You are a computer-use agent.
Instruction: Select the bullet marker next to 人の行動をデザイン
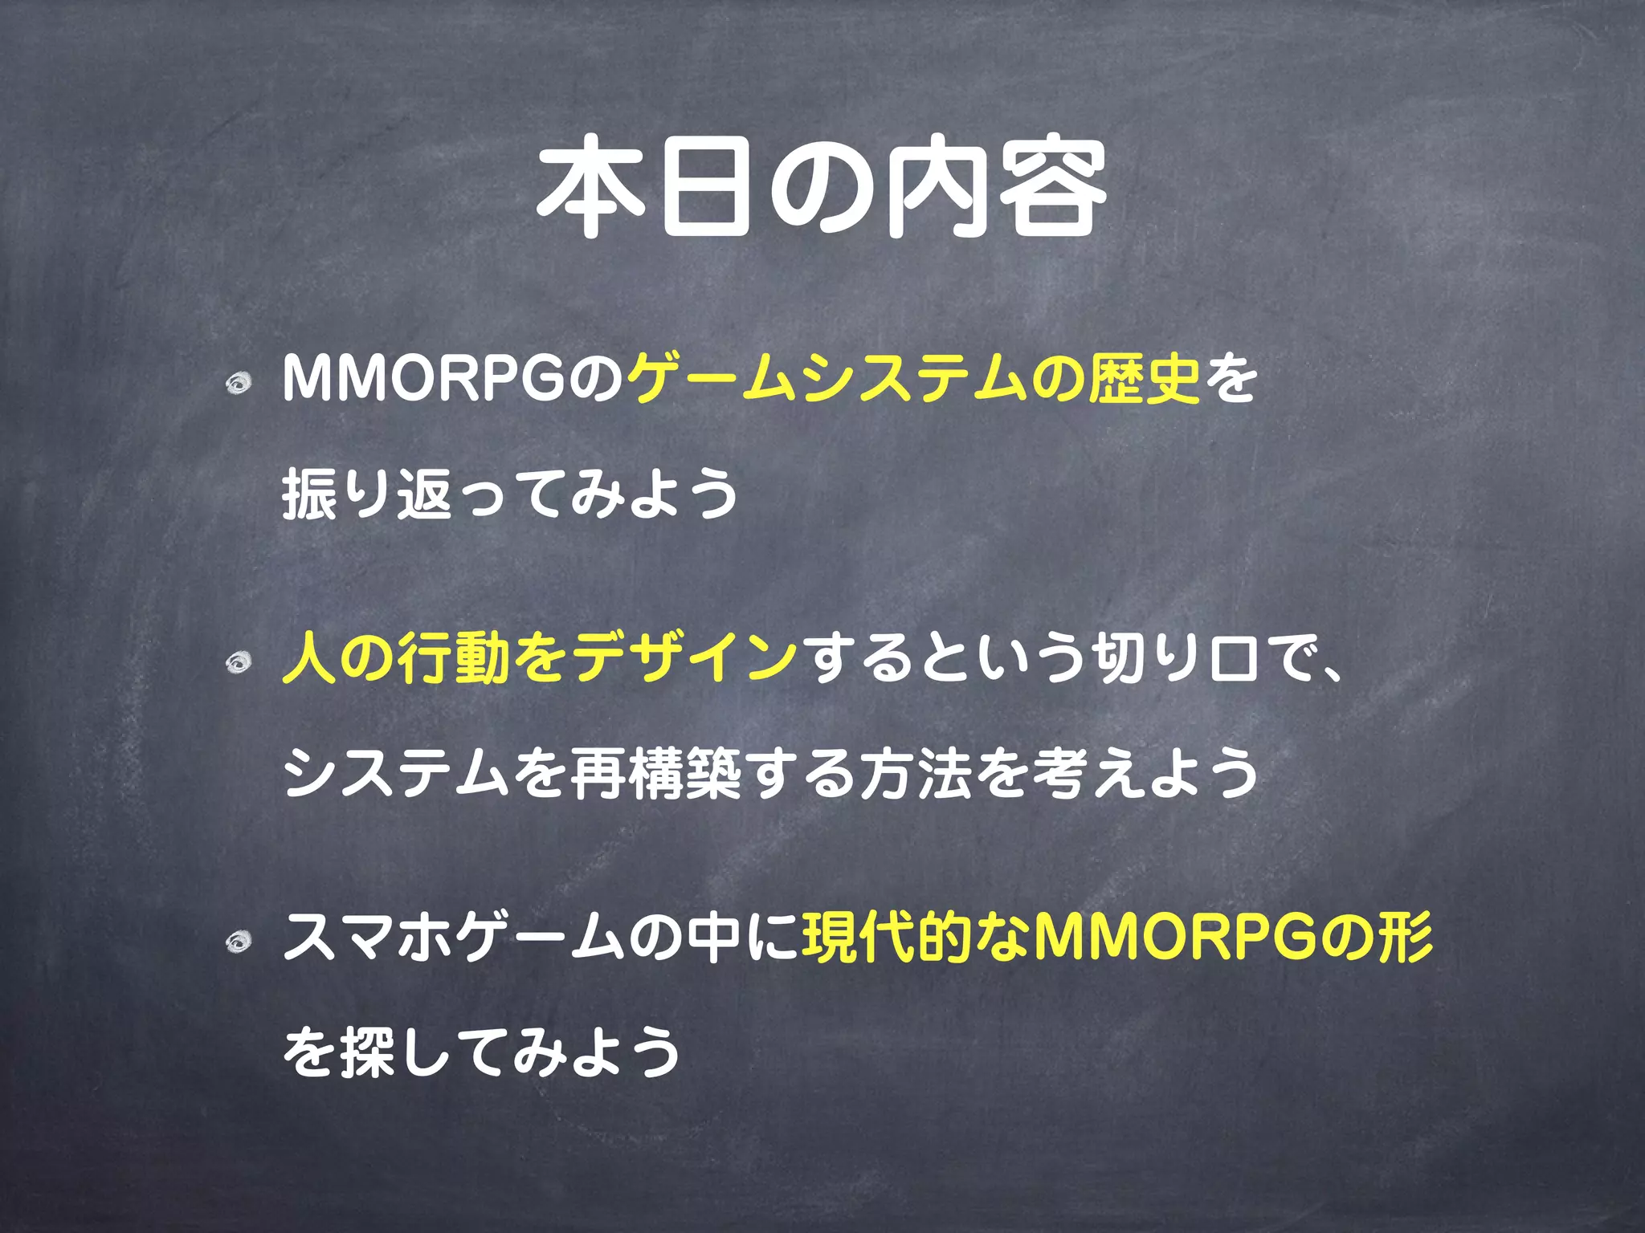pyautogui.click(x=238, y=662)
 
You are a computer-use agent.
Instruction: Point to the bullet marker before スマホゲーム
pyautogui.click(x=238, y=942)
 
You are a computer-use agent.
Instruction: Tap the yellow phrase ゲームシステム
pyautogui.click(x=827, y=380)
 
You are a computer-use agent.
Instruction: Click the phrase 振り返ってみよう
pyautogui.click(x=511, y=494)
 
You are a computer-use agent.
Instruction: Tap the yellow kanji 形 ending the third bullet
pyautogui.click(x=1405, y=938)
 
